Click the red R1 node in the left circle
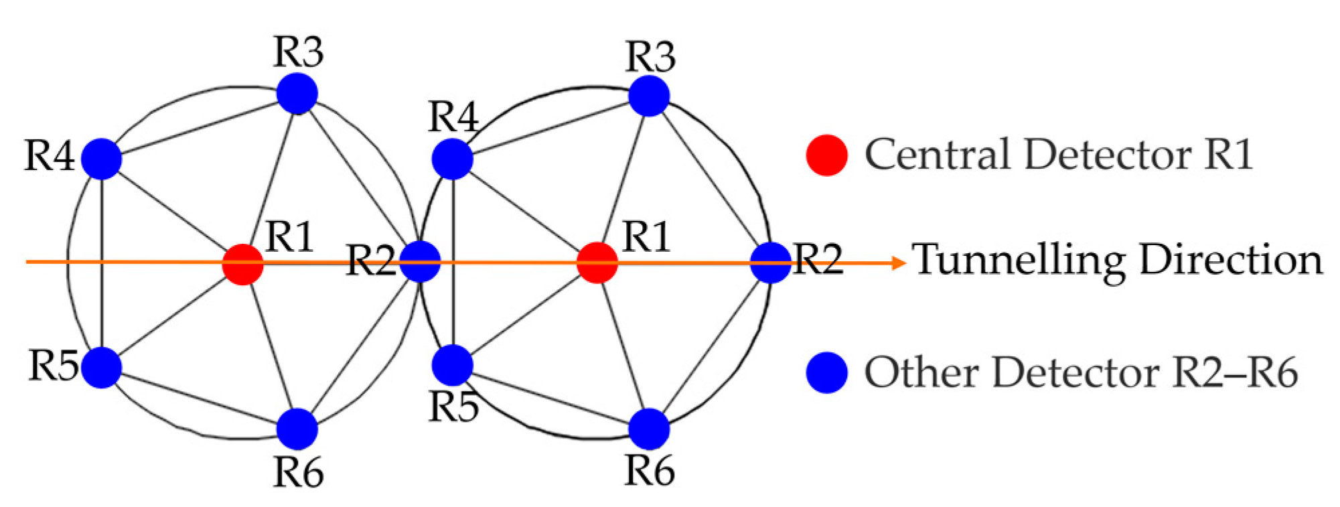point(242,264)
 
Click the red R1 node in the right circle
point(597,263)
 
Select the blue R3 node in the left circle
point(297,94)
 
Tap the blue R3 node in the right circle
point(649,96)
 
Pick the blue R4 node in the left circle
point(101,159)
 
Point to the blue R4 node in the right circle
point(453,159)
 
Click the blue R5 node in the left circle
point(101,367)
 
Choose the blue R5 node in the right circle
point(453,365)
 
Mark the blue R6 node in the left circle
point(297,429)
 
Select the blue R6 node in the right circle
point(649,429)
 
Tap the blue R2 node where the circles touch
point(420,262)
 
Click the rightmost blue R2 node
point(770,263)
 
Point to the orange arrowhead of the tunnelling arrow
point(899,263)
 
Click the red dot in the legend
point(827,155)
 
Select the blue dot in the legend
point(827,372)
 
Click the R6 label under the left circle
point(299,472)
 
